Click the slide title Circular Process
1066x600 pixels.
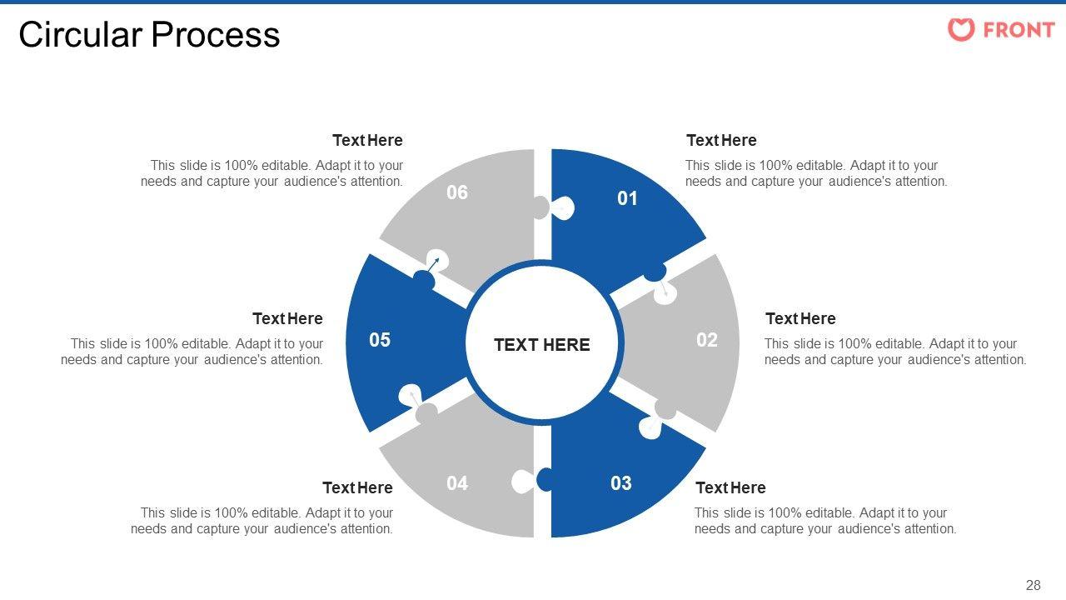[x=149, y=35]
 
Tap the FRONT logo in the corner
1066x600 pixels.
[x=1001, y=30]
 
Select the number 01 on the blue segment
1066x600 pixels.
[x=627, y=198]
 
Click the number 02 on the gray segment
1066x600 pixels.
[x=707, y=340]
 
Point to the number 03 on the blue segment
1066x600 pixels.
[x=621, y=483]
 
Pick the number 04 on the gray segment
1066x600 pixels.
[x=457, y=483]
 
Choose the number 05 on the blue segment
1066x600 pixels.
[x=380, y=340]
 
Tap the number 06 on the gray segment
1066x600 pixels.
[x=457, y=192]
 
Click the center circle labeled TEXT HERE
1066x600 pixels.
[x=542, y=345]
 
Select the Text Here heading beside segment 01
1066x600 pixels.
[x=721, y=140]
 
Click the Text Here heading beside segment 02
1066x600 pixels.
[x=800, y=318]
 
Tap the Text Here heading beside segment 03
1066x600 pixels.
[x=730, y=487]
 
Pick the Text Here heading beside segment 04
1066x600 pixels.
[x=357, y=487]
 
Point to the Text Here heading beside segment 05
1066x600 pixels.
[x=287, y=318]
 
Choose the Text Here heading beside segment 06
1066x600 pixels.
[x=367, y=140]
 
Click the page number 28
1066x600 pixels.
[x=1033, y=585]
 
